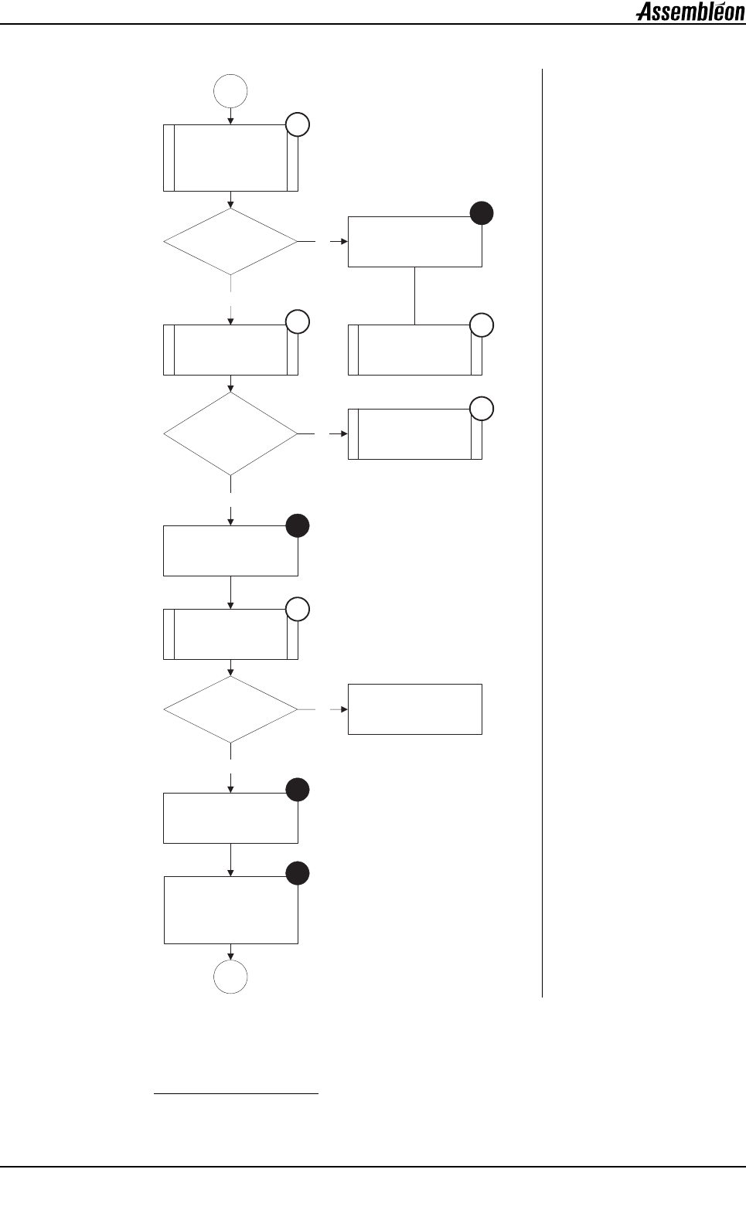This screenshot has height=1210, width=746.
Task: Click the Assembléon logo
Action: point(690,12)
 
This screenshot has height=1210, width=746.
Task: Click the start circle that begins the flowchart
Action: point(230,91)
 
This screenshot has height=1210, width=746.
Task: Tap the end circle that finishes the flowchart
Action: point(230,977)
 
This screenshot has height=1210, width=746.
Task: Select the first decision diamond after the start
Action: point(230,242)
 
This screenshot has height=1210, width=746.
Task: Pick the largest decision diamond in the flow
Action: point(230,434)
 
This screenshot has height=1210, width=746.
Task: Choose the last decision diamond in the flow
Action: point(230,709)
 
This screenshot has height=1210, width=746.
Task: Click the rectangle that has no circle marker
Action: point(415,709)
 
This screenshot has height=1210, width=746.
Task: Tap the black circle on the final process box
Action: point(298,874)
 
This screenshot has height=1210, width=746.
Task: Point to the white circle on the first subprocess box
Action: point(298,124)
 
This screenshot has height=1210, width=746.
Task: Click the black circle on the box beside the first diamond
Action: point(482,213)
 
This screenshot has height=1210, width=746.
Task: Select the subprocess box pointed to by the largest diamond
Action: point(415,434)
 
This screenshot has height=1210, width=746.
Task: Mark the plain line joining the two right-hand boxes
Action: point(415,295)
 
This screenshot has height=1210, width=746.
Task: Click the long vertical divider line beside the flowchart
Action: point(543,533)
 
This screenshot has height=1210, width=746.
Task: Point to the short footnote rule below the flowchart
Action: point(237,1094)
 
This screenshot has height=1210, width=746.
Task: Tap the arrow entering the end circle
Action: point(230,952)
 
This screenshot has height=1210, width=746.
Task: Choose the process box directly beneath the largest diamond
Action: point(230,551)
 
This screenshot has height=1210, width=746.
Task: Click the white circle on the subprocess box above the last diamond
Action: point(298,610)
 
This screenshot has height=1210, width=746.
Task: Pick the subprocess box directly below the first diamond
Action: point(230,350)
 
